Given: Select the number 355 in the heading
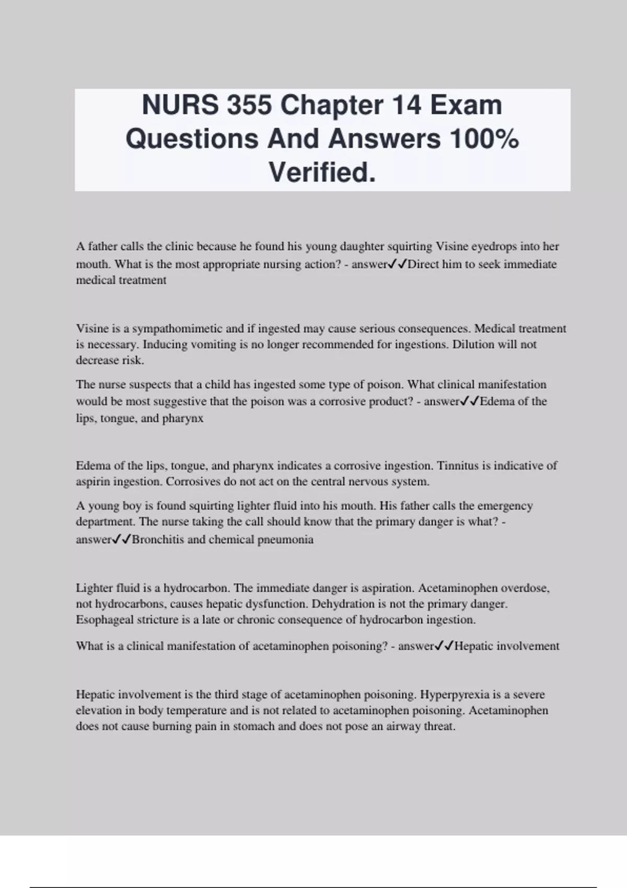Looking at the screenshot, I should pos(250,105).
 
